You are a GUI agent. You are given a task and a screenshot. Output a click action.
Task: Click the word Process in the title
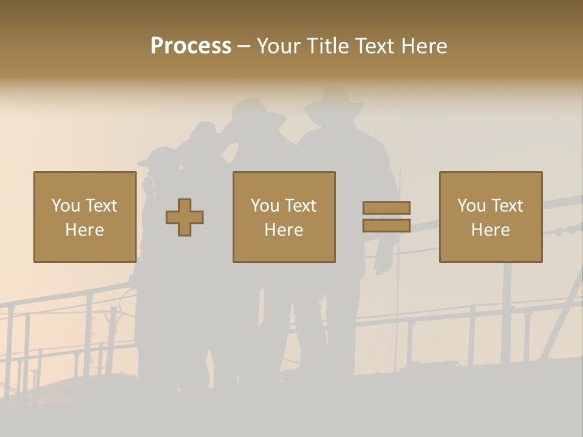pyautogui.click(x=191, y=46)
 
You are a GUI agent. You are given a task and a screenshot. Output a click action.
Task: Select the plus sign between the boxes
pyautogui.click(x=185, y=217)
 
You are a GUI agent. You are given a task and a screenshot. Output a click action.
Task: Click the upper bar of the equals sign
pyautogui.click(x=386, y=208)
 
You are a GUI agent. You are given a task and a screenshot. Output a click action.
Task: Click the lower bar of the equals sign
pyautogui.click(x=386, y=226)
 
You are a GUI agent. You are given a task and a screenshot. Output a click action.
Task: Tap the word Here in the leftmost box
pyautogui.click(x=84, y=230)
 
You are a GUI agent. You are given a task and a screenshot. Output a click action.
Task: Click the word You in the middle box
pyautogui.click(x=265, y=206)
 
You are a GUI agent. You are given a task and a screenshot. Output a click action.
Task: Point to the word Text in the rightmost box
pyautogui.click(x=508, y=206)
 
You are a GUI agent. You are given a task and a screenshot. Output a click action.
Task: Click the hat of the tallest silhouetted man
pyautogui.click(x=335, y=103)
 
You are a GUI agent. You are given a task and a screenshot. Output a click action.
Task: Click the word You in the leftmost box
pyautogui.click(x=66, y=206)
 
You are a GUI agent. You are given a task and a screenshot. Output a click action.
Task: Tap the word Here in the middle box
pyautogui.click(x=284, y=230)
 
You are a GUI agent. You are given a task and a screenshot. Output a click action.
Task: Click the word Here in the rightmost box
pyautogui.click(x=491, y=230)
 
